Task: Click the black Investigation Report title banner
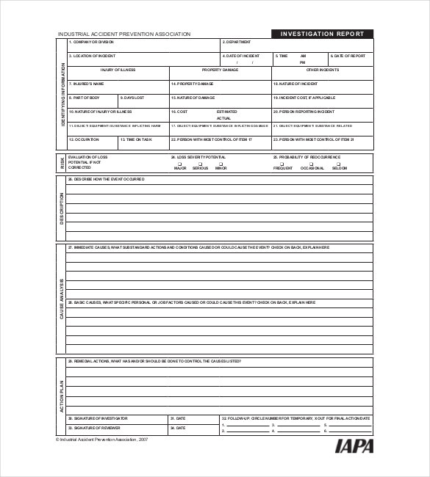pos(322,34)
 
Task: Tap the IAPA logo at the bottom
pos(354,445)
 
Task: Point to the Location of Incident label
pos(93,56)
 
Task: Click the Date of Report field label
pos(348,56)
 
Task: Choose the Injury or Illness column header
pos(118,70)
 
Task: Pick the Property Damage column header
pos(221,70)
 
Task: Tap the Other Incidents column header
pos(323,70)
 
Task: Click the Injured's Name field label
pos(87,84)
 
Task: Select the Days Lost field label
pos(133,98)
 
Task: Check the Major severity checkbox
pos(179,164)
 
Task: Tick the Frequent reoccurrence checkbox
pos(283,164)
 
